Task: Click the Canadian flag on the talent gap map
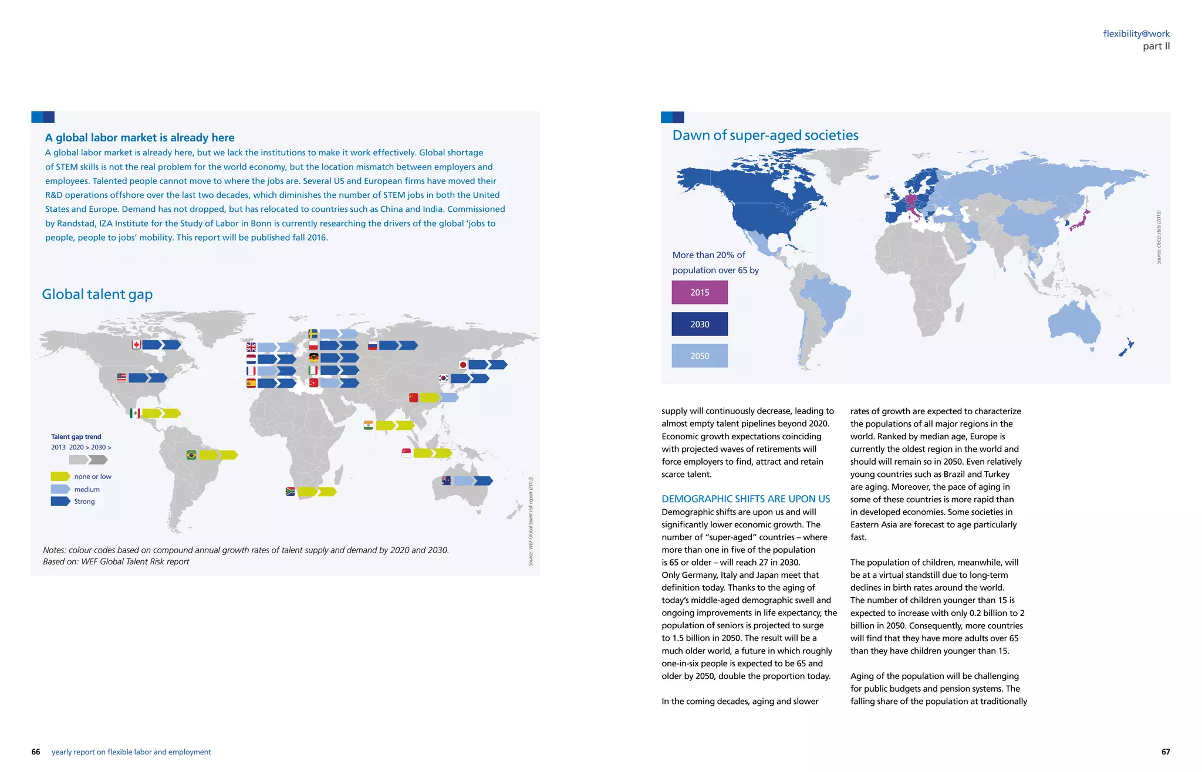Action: click(137, 345)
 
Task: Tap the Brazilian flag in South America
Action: click(191, 455)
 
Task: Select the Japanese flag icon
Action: click(463, 365)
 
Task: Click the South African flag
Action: click(290, 492)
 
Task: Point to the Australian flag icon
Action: click(446, 481)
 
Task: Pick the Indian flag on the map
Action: click(368, 425)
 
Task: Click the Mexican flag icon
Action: click(135, 414)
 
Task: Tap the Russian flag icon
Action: click(372, 346)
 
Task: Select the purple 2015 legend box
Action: click(700, 292)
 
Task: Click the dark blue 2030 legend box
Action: click(700, 324)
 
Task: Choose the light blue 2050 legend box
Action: click(700, 355)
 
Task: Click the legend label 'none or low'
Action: click(93, 476)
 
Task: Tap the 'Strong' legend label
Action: click(85, 502)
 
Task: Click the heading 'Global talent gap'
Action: click(97, 294)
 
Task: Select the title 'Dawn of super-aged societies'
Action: click(765, 136)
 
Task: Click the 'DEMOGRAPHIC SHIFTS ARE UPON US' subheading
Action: click(745, 499)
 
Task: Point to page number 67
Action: click(1166, 751)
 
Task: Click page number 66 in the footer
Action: click(36, 752)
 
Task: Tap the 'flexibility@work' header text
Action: click(1136, 34)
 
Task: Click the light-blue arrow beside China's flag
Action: click(450, 398)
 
